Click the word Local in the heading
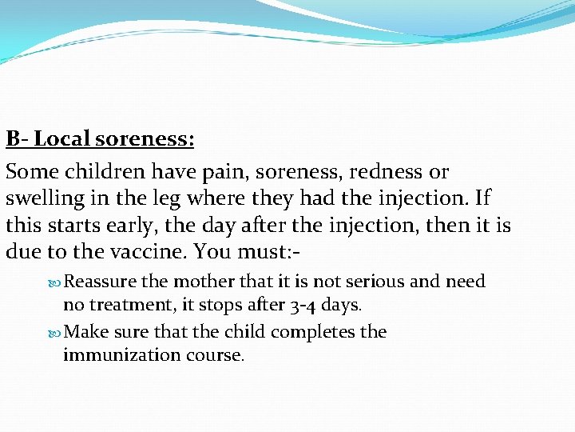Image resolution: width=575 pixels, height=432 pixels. click(61, 138)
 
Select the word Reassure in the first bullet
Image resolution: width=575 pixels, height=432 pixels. click(100, 282)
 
